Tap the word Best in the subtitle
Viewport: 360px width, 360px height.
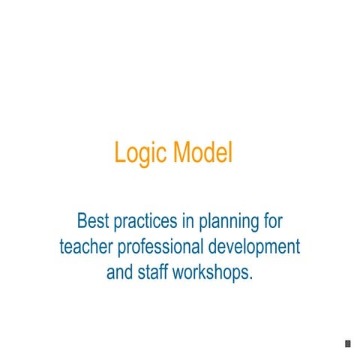tap(94, 221)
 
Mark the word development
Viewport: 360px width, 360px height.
tap(253, 247)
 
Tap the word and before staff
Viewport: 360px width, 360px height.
tap(119, 271)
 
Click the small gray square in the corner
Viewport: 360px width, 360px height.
tap(347, 343)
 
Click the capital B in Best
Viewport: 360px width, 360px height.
tap(82, 221)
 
